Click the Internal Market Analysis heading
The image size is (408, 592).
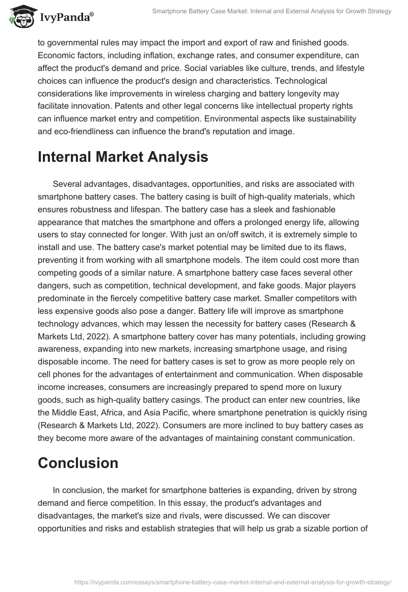[123, 157]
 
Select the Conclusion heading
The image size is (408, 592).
[78, 463]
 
